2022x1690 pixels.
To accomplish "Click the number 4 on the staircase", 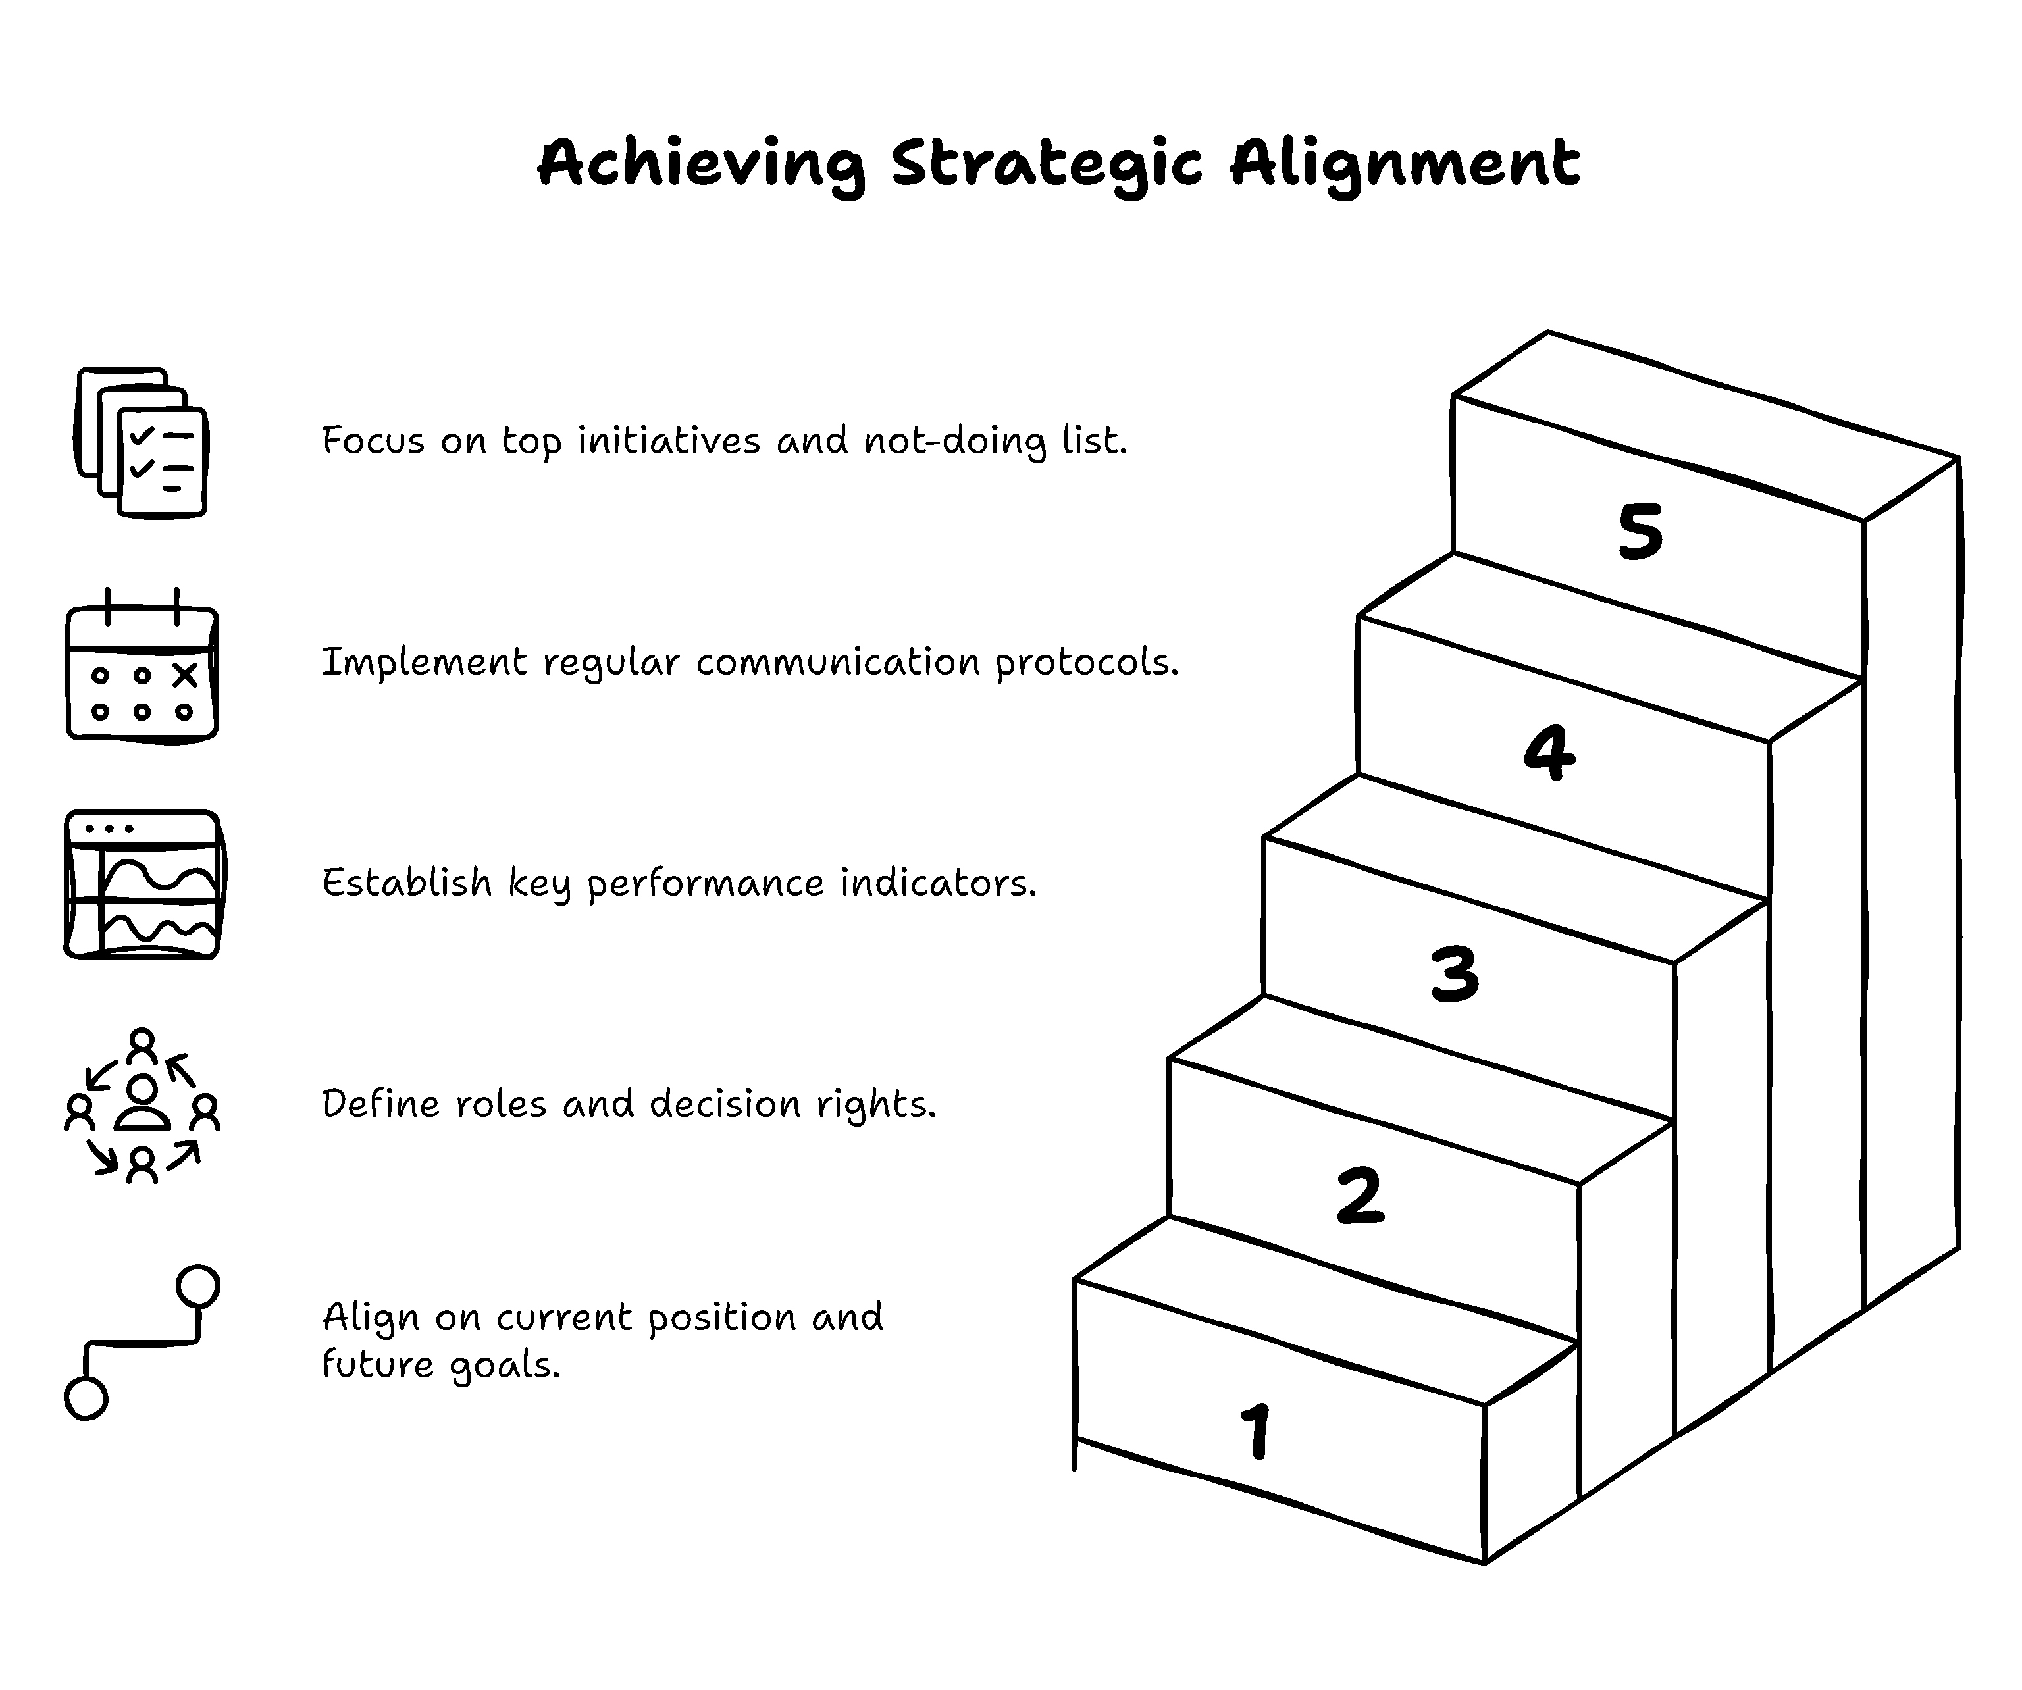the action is (x=1549, y=752).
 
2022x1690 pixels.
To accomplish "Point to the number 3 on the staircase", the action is (x=1454, y=973).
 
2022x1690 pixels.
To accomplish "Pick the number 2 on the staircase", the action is (x=1361, y=1195).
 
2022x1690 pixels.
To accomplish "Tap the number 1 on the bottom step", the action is (x=1257, y=1430).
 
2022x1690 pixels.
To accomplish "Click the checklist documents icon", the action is (x=142, y=442).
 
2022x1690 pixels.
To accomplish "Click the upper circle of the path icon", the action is (x=198, y=1287).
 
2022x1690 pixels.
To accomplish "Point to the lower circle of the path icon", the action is (x=86, y=1398).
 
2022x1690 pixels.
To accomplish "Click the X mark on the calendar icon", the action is (x=185, y=675).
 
